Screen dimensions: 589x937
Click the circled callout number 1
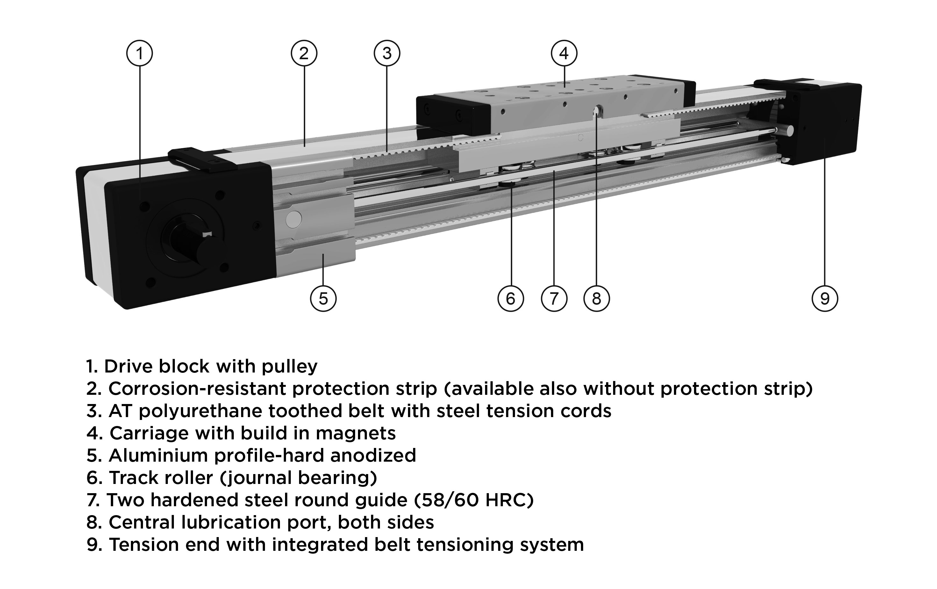(x=139, y=53)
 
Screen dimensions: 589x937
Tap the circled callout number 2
(x=304, y=53)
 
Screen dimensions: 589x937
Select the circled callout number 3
(x=387, y=53)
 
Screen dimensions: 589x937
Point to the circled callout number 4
(x=564, y=53)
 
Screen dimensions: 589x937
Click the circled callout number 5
(x=323, y=298)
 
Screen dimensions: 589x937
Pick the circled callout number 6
(x=511, y=298)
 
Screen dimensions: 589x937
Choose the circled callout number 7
(x=554, y=298)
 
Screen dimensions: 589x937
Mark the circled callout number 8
(x=597, y=298)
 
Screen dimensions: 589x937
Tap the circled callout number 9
(x=825, y=298)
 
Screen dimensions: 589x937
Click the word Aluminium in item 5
(x=158, y=456)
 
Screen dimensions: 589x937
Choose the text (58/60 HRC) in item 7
(x=474, y=500)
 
